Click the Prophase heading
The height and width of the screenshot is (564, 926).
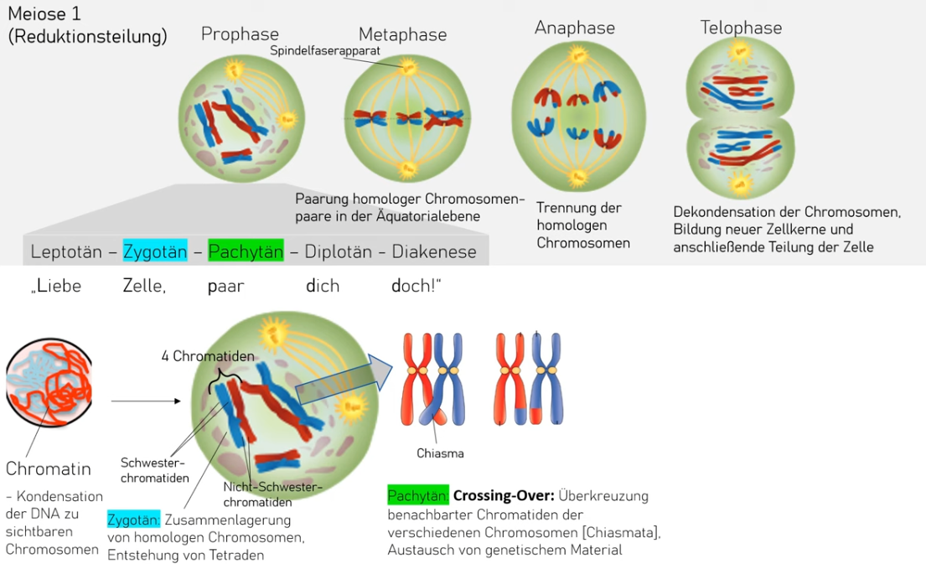pyautogui.click(x=240, y=34)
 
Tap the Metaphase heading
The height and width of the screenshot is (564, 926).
pyautogui.click(x=402, y=35)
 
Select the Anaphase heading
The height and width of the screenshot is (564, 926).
pyautogui.click(x=575, y=28)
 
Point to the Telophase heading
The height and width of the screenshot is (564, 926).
pyautogui.click(x=741, y=28)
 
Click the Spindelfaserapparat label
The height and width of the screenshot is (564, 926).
pyautogui.click(x=325, y=51)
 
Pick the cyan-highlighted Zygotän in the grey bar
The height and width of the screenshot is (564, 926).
pyautogui.click(x=154, y=251)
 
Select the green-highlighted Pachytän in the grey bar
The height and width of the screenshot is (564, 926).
pyautogui.click(x=246, y=251)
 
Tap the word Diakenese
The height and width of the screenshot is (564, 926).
pyautogui.click(x=434, y=251)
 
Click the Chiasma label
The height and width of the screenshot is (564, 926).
pyautogui.click(x=440, y=453)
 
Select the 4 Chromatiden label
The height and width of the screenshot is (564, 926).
pyautogui.click(x=208, y=356)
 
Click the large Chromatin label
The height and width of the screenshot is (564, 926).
pyautogui.click(x=49, y=468)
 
